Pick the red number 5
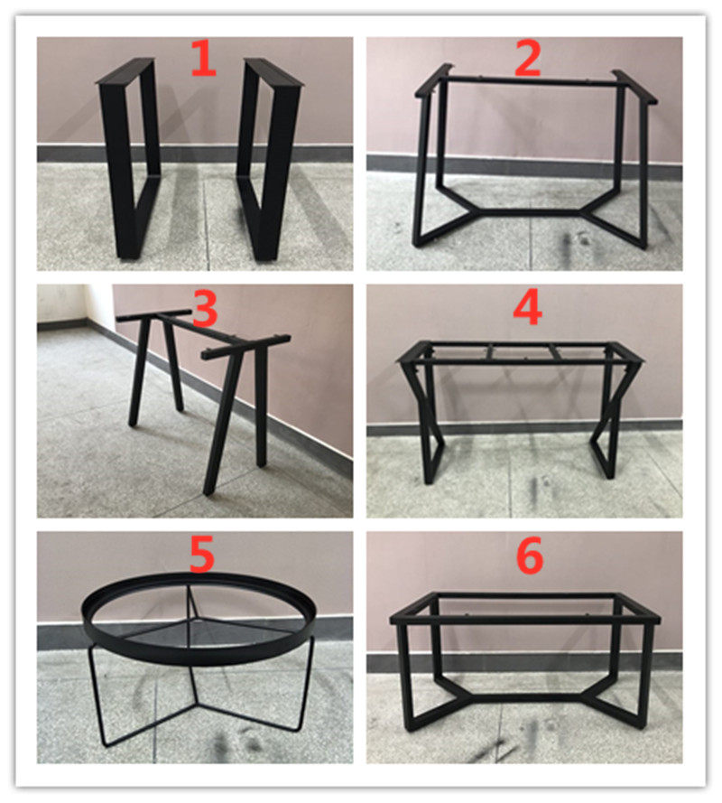pos(201,555)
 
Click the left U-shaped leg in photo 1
pos(129,163)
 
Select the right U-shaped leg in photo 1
pos(271,163)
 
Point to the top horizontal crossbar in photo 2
pos(532,82)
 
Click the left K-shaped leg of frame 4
pos(427,425)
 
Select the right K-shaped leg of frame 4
pos(611,425)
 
